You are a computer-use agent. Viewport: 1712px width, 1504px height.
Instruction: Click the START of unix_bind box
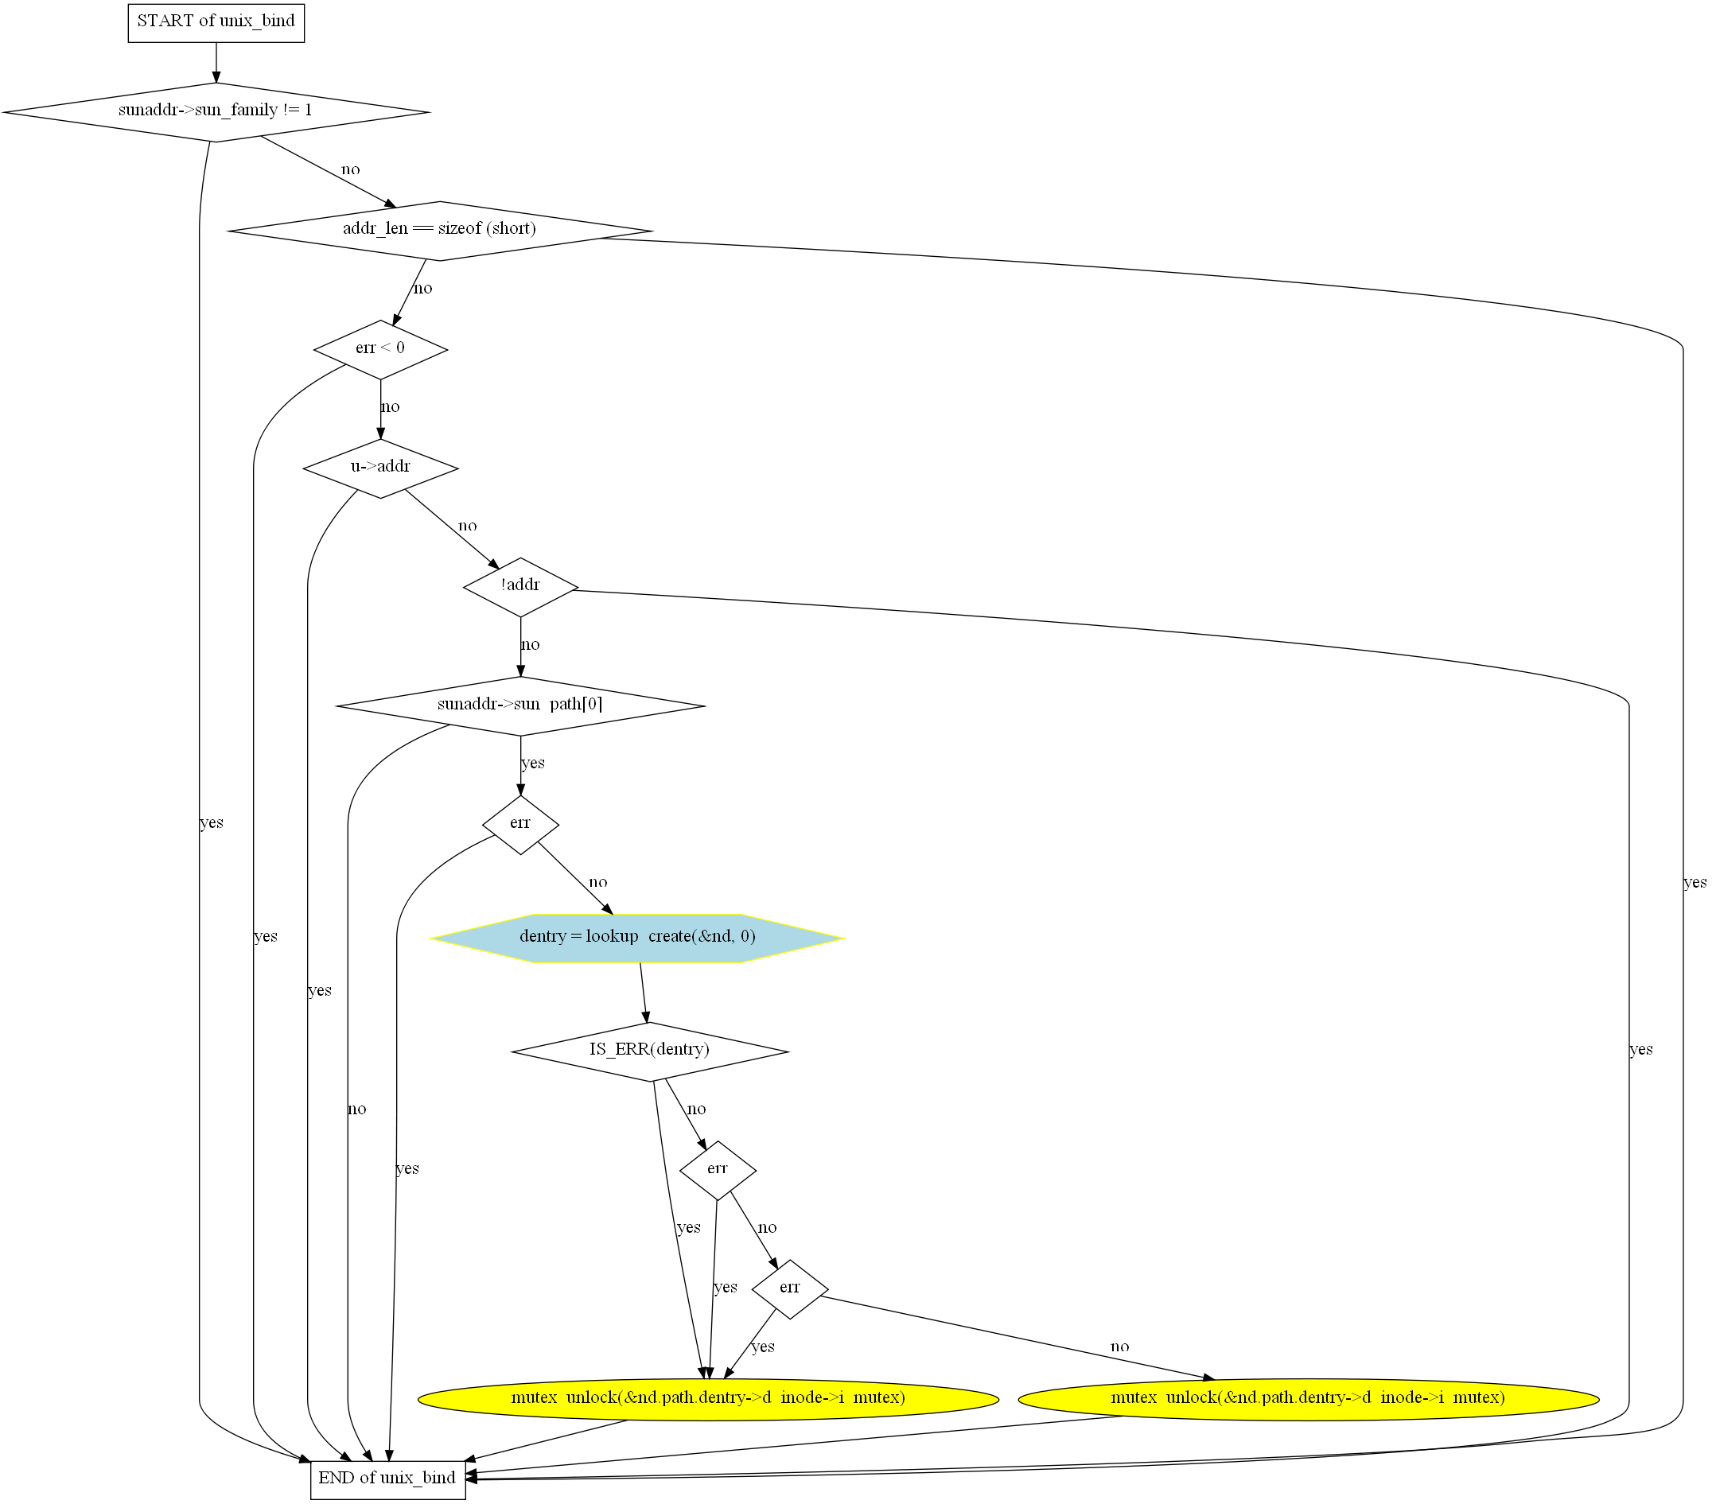coord(216,22)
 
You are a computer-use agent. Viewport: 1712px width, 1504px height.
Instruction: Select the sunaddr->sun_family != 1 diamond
coord(216,111)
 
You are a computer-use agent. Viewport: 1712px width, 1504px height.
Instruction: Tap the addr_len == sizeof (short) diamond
coord(440,231)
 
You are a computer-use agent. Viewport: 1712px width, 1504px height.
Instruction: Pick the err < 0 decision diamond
coord(380,349)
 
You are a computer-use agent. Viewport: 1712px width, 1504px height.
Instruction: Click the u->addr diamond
coord(380,468)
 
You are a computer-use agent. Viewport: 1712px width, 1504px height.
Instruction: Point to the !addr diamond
coord(520,587)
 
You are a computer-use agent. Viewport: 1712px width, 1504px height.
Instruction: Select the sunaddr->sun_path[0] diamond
coord(520,706)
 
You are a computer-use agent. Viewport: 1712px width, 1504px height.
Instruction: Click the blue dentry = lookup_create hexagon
coord(637,938)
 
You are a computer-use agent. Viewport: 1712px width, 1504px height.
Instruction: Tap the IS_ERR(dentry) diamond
coord(649,1051)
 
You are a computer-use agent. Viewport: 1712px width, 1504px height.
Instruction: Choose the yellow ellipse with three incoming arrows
coord(708,1399)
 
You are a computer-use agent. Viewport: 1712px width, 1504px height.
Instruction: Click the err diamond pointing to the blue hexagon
coord(520,825)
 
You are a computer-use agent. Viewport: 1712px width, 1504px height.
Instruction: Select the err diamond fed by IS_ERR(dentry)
coord(718,1170)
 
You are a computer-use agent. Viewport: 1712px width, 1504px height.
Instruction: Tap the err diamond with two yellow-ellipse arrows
coord(790,1288)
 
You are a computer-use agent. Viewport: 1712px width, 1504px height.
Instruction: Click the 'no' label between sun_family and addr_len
coord(350,169)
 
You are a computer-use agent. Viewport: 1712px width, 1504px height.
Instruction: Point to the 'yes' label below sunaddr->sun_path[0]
coord(533,763)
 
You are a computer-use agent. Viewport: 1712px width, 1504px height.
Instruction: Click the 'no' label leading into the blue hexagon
coord(597,882)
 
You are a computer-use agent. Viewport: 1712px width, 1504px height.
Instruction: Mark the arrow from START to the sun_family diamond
coord(216,62)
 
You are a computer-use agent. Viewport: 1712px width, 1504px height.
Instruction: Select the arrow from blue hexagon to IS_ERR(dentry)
coord(644,993)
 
